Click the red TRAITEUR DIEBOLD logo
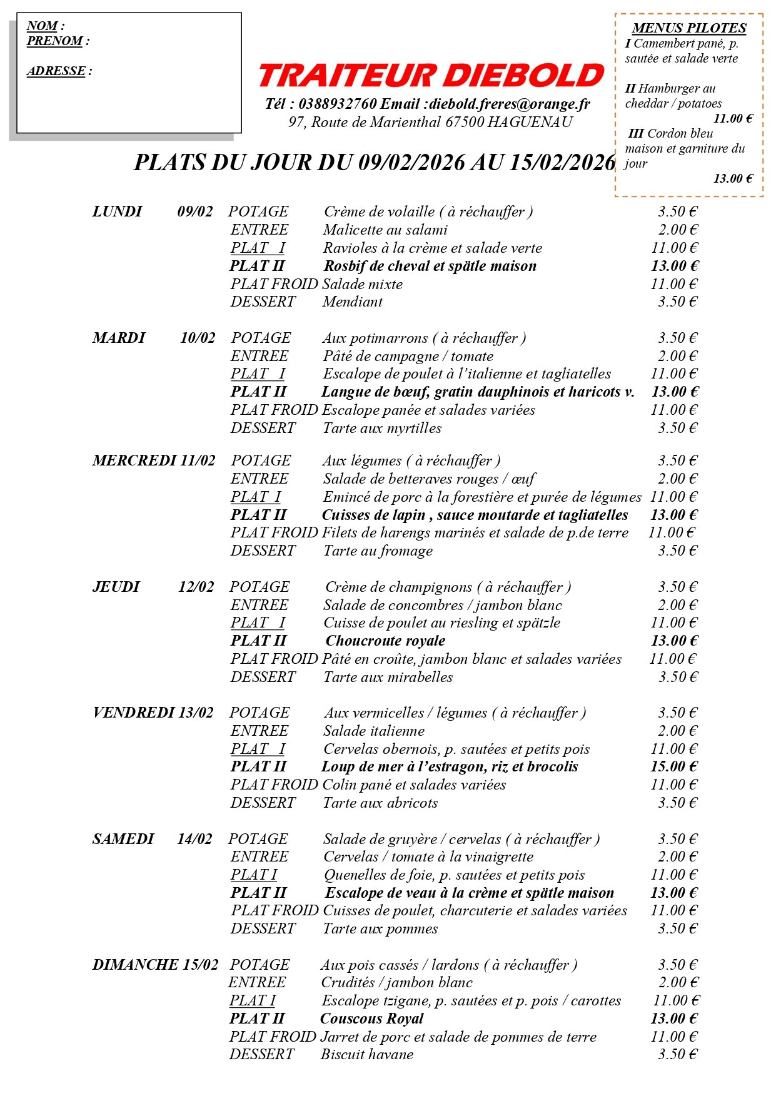(431, 75)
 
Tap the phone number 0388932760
(338, 104)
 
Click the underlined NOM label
(43, 26)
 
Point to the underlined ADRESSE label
(56, 71)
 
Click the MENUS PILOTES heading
(689, 28)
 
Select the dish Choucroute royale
(385, 641)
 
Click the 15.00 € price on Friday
(673, 766)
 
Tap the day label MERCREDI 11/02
(154, 460)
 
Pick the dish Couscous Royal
(371, 1019)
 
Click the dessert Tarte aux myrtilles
(382, 428)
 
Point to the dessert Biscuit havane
(367, 1054)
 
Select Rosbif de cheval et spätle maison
(430, 266)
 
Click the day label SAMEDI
(123, 839)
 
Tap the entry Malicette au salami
(385, 230)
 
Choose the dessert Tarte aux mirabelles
(388, 677)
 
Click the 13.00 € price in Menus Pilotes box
(733, 179)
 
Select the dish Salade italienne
(374, 731)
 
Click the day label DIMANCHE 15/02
(156, 965)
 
